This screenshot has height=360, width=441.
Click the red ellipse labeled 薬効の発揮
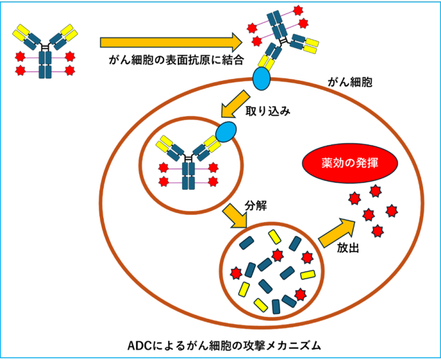(350, 163)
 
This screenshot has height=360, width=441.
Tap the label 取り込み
(268, 111)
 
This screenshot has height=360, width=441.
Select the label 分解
(256, 206)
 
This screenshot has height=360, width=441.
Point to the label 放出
(348, 248)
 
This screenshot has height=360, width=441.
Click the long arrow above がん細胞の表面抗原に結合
(171, 42)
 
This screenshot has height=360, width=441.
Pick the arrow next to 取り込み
(235, 104)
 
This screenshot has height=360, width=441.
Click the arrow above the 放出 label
(337, 233)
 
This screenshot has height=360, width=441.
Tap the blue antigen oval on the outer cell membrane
(261, 78)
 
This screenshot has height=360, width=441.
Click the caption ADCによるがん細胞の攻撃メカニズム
(224, 345)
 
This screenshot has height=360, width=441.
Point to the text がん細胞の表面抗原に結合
(176, 60)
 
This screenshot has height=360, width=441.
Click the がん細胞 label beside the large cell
(350, 82)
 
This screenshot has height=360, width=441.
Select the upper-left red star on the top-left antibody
(20, 56)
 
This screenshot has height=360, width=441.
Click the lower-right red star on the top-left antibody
(70, 70)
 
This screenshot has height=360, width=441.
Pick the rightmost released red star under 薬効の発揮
(392, 211)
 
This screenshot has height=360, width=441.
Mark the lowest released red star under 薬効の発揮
(377, 231)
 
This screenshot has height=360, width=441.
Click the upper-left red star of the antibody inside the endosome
(164, 168)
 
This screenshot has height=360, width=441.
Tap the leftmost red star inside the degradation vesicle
(236, 273)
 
